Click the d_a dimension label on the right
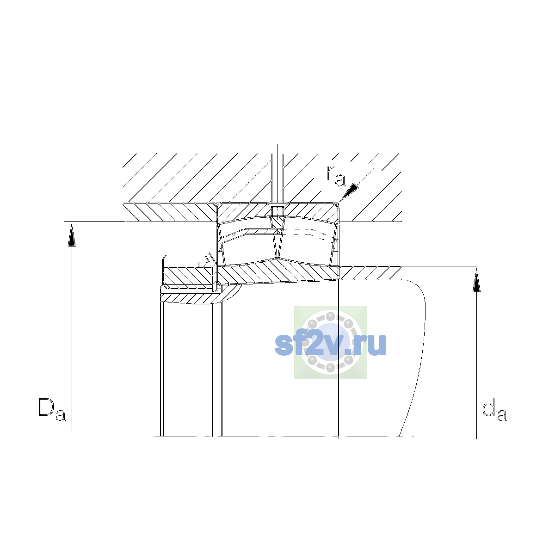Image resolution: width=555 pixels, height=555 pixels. pos(494,409)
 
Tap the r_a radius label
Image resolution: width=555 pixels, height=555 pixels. pos(336,176)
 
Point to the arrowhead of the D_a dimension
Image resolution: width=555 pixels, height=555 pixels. pos(72,235)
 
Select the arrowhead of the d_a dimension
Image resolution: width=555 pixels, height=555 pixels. pos(477,280)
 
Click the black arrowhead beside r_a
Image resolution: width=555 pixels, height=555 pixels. pos(350,191)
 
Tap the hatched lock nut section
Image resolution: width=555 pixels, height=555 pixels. pos(189,276)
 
